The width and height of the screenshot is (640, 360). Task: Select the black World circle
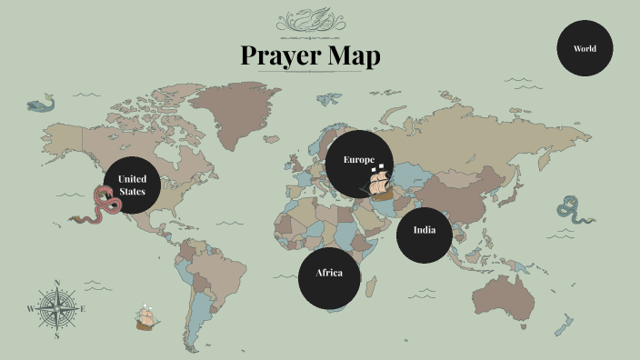585,48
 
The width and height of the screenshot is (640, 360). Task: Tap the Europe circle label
358,160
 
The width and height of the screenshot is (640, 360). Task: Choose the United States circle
132,185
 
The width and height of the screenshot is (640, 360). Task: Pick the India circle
425,230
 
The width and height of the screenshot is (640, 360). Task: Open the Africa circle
329,274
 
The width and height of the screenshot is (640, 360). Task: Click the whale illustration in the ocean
39,105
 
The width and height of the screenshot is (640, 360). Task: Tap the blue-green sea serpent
574,210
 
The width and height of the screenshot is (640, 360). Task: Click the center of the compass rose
57,309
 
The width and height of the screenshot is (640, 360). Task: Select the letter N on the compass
57,283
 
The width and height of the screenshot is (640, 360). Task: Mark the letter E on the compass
84,309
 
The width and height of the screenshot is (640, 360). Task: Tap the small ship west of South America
146,316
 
